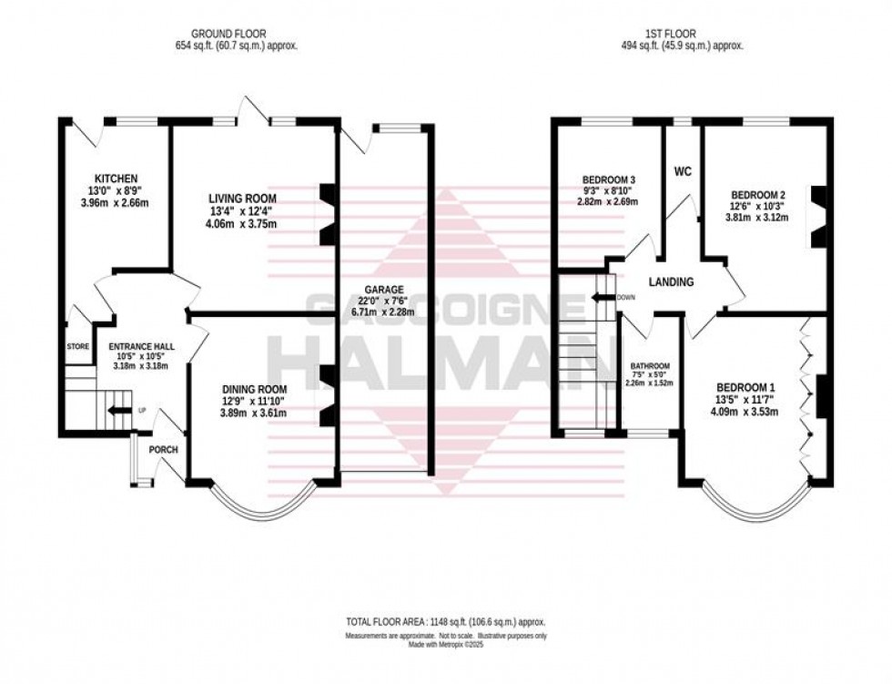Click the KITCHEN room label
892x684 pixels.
pos(116,178)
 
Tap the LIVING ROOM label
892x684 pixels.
pos(241,199)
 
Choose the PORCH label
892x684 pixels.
pos(164,449)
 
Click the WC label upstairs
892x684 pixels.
pos(683,171)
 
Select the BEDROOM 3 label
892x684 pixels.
pos(608,179)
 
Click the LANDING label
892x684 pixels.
pos(671,282)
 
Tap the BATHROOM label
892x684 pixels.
pos(651,366)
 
